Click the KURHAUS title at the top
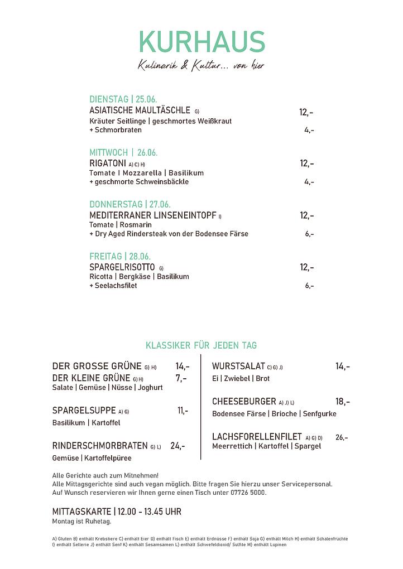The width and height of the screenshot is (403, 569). tap(201, 43)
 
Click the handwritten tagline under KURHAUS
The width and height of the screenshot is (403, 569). tap(201, 66)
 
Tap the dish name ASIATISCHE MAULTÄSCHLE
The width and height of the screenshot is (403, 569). tap(140, 110)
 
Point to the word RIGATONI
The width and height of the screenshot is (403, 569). tap(108, 163)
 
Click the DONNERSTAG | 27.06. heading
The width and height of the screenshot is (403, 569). tap(130, 204)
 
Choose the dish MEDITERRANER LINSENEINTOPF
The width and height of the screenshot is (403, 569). tap(152, 215)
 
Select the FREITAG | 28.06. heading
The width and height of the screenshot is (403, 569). tap(120, 257)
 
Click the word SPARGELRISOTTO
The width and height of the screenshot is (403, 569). tap(122, 268)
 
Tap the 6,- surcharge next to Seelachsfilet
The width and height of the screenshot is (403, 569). tap(309, 286)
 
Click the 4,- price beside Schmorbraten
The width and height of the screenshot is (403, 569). tap(309, 131)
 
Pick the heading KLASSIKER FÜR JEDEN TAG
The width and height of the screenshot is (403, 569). tap(201, 346)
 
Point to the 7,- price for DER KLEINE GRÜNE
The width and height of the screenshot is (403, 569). tap(181, 378)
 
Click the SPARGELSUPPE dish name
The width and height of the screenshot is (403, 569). tap(84, 411)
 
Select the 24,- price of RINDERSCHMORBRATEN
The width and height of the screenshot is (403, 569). tap(177, 446)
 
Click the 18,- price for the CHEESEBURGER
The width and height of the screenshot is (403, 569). tap(343, 402)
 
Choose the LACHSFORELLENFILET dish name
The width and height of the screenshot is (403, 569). tap(257, 436)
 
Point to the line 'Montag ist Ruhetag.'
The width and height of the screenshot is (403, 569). tap(81, 522)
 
